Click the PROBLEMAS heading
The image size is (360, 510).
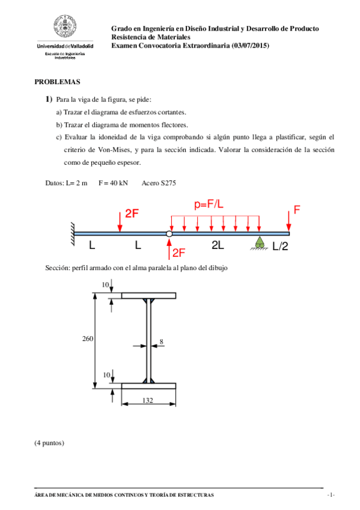(57, 82)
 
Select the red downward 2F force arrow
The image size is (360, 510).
(120, 222)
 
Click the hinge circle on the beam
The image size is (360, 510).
(169, 233)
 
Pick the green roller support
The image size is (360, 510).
(260, 244)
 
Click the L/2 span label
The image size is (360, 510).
(281, 246)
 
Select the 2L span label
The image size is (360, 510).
(218, 245)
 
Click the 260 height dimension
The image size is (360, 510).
(88, 340)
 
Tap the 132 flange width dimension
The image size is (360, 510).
(148, 400)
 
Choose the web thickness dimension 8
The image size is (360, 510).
(161, 342)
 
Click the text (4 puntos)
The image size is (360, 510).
(49, 443)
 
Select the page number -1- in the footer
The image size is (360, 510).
(330, 495)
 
